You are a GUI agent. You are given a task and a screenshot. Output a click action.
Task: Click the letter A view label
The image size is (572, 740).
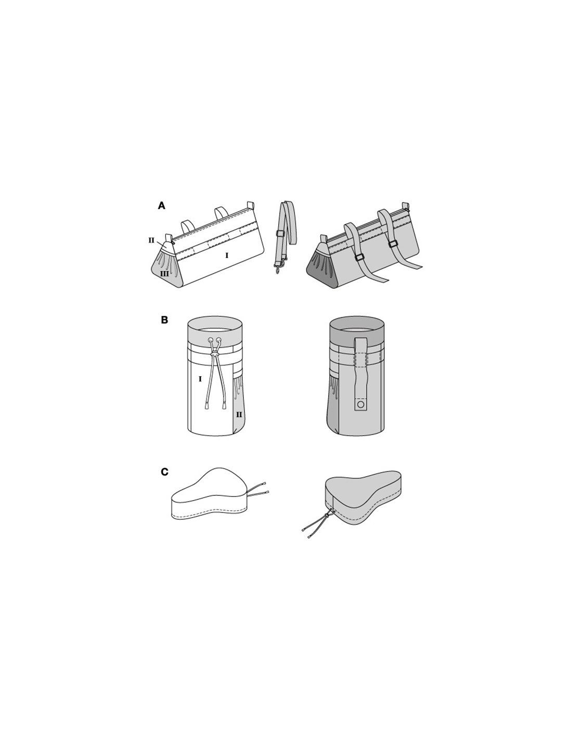point(162,206)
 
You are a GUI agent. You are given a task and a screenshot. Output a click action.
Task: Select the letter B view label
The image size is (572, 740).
point(165,321)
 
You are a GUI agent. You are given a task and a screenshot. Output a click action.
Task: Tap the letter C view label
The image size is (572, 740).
point(165,472)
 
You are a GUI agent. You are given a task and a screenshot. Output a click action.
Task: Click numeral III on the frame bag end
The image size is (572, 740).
point(164,273)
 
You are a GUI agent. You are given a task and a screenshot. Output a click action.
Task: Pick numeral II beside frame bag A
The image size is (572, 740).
point(151,240)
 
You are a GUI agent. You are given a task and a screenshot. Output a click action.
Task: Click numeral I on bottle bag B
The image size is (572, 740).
point(200,378)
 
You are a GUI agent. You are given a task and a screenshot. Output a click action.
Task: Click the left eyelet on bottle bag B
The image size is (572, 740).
point(211,339)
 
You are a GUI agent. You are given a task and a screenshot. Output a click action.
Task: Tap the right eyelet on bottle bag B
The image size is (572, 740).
point(218,339)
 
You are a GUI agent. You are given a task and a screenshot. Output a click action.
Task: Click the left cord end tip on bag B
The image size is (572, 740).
point(206,405)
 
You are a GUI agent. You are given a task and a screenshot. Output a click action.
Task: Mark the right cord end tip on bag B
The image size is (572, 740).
point(225,405)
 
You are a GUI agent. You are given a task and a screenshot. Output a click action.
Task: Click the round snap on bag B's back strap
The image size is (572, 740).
point(361,405)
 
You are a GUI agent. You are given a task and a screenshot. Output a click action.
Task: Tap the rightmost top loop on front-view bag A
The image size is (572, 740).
point(251,205)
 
